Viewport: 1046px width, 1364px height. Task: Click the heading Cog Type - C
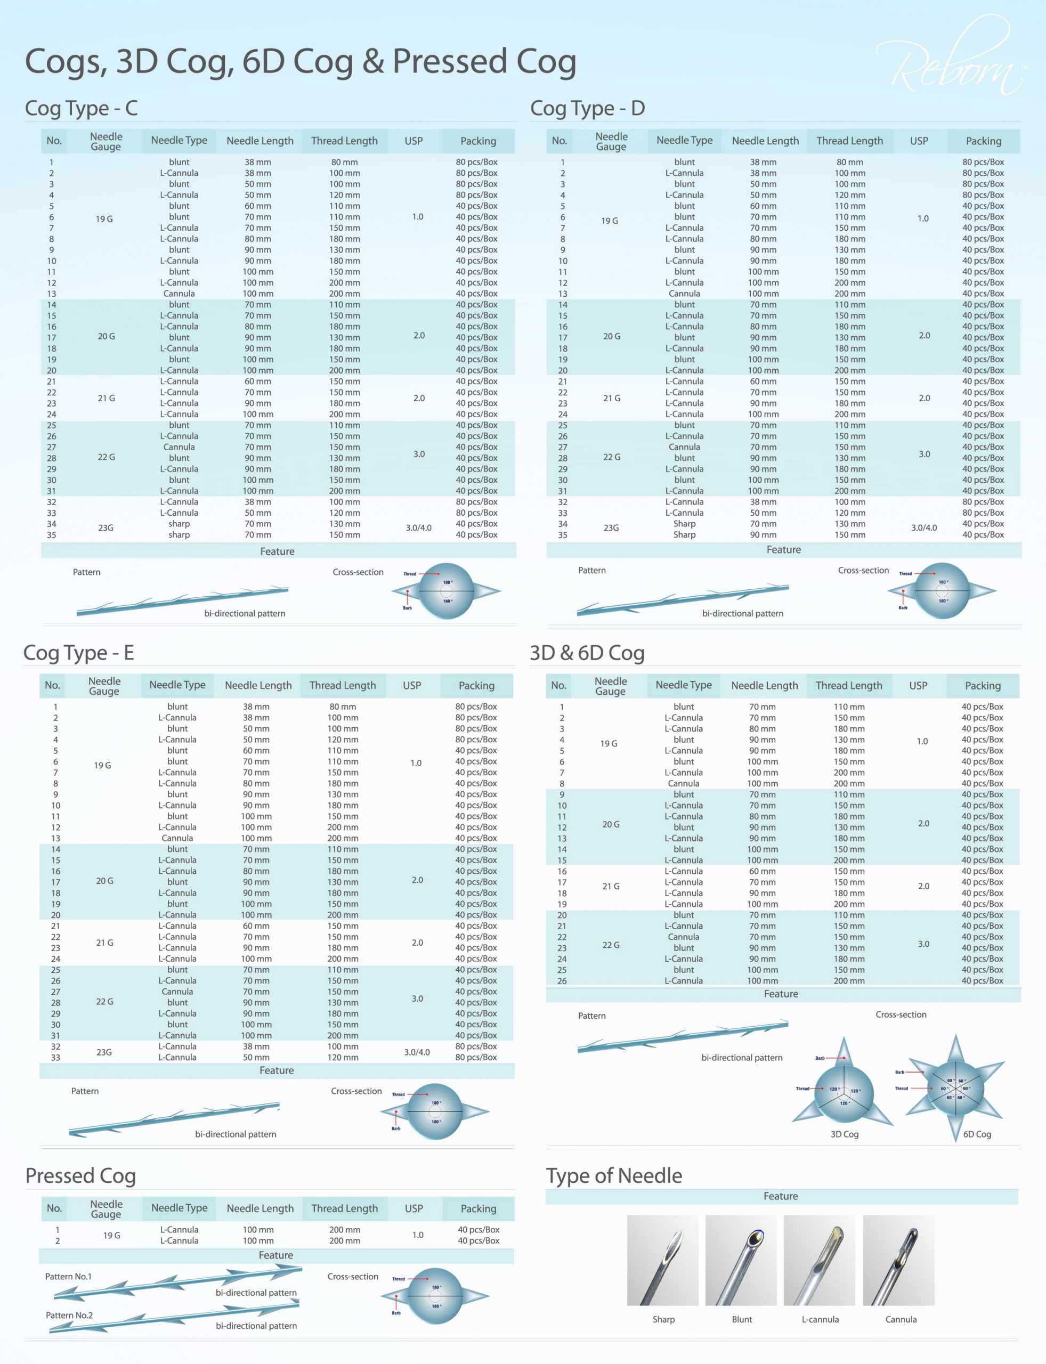click(81, 108)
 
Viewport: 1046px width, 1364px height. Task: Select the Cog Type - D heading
click(587, 108)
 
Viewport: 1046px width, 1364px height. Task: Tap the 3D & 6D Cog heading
click(587, 653)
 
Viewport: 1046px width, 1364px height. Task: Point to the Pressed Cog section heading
click(80, 1175)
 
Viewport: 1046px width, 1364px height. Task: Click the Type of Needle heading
click(614, 1175)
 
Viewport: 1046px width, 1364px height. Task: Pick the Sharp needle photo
click(662, 1260)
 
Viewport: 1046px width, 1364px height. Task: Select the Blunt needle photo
click(741, 1260)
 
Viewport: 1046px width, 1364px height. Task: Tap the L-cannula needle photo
click(820, 1260)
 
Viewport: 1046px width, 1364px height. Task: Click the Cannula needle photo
click(898, 1260)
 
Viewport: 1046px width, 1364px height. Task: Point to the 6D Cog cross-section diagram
click(954, 1087)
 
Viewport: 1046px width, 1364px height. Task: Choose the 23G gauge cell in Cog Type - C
click(106, 528)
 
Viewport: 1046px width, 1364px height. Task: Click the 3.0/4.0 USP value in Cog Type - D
click(924, 528)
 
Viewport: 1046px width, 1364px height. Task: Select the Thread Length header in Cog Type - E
click(343, 685)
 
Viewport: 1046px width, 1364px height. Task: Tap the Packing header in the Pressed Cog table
click(478, 1208)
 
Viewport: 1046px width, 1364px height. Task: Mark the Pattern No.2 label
click(69, 1315)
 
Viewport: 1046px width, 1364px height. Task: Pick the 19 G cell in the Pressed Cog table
click(112, 1235)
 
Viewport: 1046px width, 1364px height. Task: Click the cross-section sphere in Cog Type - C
click(447, 591)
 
